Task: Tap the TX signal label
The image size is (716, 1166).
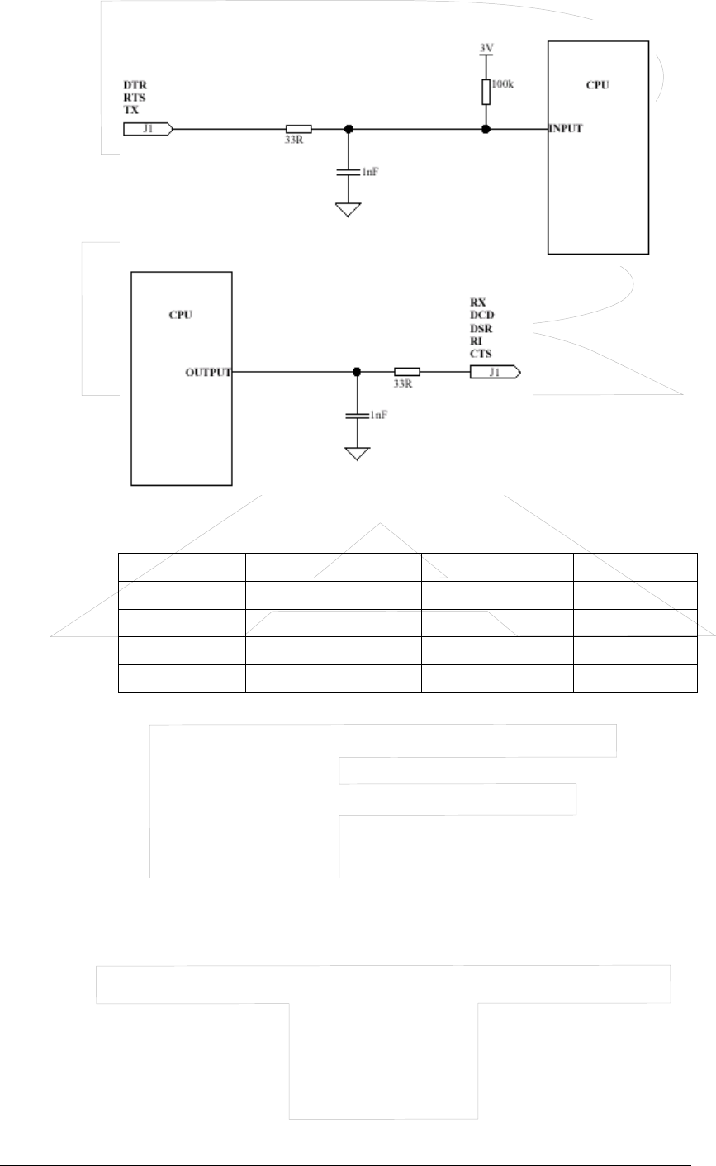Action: point(130,109)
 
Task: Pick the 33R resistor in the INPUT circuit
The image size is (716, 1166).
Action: point(298,129)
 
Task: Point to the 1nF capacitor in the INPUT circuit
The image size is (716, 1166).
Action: point(349,172)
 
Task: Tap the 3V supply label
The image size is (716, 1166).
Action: point(486,48)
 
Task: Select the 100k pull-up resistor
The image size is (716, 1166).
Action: point(486,92)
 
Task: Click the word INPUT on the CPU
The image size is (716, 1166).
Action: point(567,129)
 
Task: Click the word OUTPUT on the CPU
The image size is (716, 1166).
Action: point(207,373)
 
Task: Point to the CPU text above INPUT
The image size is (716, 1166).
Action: point(597,84)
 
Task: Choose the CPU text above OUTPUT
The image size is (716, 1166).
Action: point(181,315)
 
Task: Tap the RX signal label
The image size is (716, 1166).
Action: point(477,302)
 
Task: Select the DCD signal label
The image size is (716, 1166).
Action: point(480,315)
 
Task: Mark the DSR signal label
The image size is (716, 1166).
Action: point(480,328)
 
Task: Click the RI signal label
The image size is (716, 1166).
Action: point(475,340)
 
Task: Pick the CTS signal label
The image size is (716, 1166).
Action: point(480,354)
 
